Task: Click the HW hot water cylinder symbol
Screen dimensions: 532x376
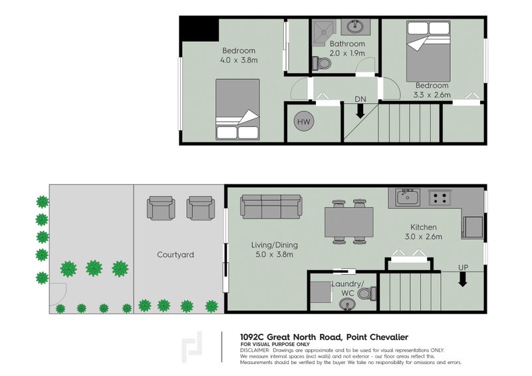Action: pyautogui.click(x=304, y=122)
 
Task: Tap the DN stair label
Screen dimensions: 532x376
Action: pyautogui.click(x=360, y=99)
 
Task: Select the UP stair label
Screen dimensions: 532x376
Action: pyautogui.click(x=463, y=268)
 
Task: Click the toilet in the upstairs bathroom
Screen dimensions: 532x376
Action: pyautogui.click(x=321, y=63)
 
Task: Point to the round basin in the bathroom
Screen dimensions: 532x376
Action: pyautogui.click(x=356, y=27)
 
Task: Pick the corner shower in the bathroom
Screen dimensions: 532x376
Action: pyautogui.click(x=324, y=33)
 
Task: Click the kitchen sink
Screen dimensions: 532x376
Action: pyautogui.click(x=408, y=198)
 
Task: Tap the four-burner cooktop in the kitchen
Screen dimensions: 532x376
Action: pyautogui.click(x=440, y=198)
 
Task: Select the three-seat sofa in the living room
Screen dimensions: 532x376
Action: pyautogui.click(x=271, y=206)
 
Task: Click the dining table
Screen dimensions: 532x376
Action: pyautogui.click(x=349, y=222)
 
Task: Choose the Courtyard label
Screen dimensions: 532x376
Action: pyautogui.click(x=176, y=254)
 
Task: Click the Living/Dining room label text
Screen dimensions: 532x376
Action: pyautogui.click(x=275, y=245)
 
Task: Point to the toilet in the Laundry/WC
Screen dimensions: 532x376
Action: pyautogui.click(x=367, y=293)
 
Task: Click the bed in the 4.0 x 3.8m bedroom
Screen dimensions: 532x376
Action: pyautogui.click(x=237, y=109)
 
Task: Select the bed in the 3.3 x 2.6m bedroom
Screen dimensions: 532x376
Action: pyautogui.click(x=428, y=51)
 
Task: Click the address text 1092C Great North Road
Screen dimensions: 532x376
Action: pyautogui.click(x=291, y=337)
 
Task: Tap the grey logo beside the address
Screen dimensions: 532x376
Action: pyautogui.click(x=192, y=347)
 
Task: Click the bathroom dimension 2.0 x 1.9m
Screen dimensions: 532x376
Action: pyautogui.click(x=347, y=53)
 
